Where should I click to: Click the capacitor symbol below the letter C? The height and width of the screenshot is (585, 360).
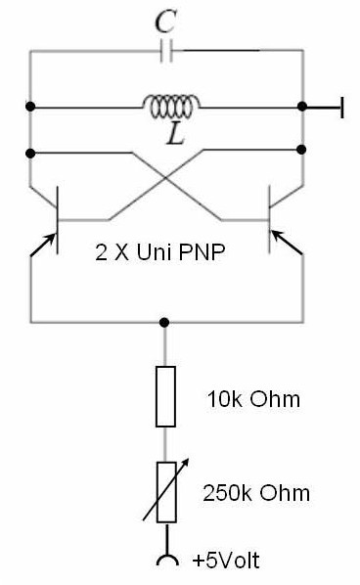click(x=166, y=50)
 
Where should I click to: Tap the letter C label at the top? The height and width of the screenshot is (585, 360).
click(x=165, y=22)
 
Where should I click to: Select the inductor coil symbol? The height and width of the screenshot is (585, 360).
click(x=171, y=107)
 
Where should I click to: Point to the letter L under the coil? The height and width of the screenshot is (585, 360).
click(x=175, y=134)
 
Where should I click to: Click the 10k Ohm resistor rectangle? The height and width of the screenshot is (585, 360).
click(x=165, y=396)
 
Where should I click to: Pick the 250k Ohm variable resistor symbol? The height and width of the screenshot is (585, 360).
click(x=166, y=492)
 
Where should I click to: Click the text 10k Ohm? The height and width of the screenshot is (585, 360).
click(x=253, y=399)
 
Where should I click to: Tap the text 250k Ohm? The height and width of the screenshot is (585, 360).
click(x=256, y=493)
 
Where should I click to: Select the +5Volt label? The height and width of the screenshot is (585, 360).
click(x=226, y=561)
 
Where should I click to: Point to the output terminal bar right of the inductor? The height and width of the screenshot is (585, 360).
click(x=341, y=108)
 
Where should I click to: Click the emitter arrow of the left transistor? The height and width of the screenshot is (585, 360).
click(x=43, y=246)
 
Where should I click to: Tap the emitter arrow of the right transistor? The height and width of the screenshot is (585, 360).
click(x=287, y=243)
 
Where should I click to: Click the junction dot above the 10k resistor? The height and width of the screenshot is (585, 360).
click(x=163, y=322)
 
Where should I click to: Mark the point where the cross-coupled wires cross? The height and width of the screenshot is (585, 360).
click(x=166, y=178)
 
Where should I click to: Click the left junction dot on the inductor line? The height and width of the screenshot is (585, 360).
click(x=30, y=107)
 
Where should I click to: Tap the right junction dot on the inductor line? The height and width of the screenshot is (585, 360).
click(x=302, y=107)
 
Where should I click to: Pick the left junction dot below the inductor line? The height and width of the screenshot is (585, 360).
click(x=30, y=154)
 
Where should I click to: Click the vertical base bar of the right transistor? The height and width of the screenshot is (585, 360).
click(x=269, y=220)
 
